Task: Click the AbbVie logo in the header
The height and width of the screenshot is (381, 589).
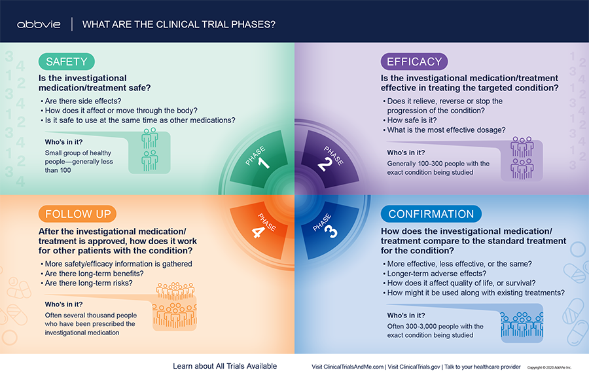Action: (x=39, y=24)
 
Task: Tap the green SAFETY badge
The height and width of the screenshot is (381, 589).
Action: (x=67, y=62)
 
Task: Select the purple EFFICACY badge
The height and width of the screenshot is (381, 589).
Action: (x=414, y=62)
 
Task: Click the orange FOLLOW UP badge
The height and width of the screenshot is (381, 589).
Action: (x=77, y=214)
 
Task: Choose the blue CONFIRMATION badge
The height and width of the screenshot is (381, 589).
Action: (x=431, y=214)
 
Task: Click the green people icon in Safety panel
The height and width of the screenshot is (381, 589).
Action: (x=150, y=149)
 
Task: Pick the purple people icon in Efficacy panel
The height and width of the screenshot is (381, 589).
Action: (x=522, y=158)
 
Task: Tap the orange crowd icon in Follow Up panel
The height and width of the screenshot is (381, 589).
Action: (x=175, y=305)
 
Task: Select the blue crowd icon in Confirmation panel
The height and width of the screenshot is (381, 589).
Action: (x=522, y=324)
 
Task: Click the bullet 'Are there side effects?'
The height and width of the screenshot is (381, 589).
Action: (x=81, y=101)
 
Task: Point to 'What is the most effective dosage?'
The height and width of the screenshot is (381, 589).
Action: (x=444, y=130)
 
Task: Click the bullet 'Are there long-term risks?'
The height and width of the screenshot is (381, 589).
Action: (x=87, y=283)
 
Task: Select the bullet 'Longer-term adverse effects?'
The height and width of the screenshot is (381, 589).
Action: (x=435, y=274)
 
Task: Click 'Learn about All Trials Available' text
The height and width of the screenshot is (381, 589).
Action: (x=224, y=367)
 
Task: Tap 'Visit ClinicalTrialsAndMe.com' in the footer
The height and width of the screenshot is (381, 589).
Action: (x=348, y=367)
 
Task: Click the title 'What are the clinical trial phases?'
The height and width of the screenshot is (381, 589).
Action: (x=179, y=24)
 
